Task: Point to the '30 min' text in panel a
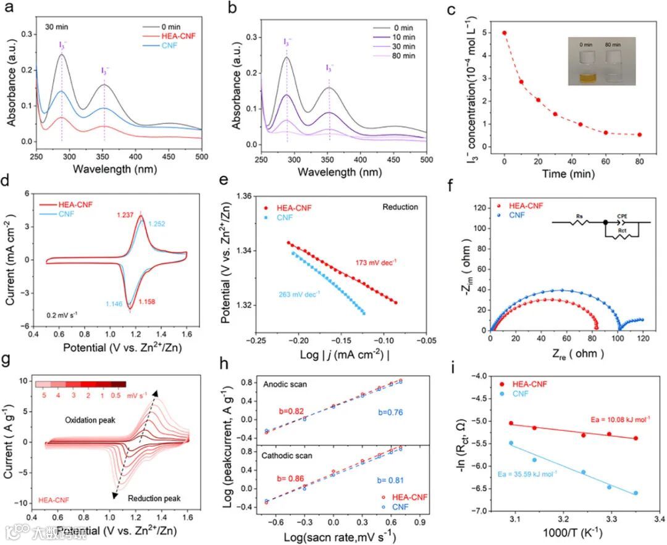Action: [x=57, y=27]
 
